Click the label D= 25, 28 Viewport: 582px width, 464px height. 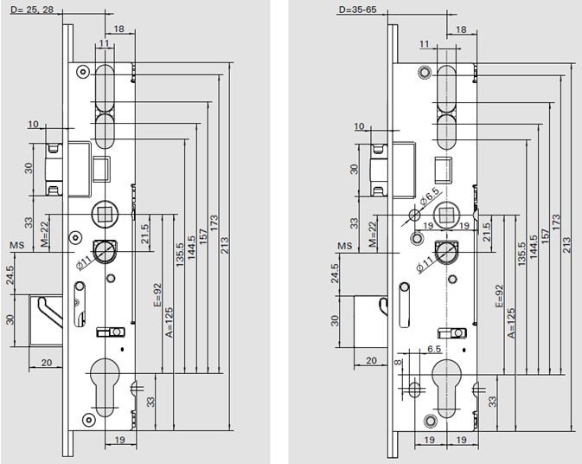click(x=32, y=10)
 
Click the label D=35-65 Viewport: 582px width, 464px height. click(x=357, y=10)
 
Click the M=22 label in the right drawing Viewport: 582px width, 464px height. click(x=374, y=233)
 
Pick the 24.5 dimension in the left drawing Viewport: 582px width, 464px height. click(x=10, y=275)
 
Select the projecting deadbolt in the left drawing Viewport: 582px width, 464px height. click(x=48, y=319)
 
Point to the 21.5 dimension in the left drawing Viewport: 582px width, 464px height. click(x=145, y=233)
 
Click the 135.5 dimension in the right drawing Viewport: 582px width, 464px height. click(x=522, y=248)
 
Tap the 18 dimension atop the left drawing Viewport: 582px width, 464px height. click(x=119, y=29)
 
